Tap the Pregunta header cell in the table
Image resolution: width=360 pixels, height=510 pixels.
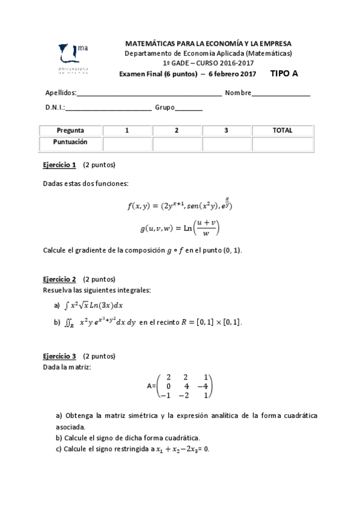pos(70,131)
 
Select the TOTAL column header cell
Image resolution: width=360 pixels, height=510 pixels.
pos(282,131)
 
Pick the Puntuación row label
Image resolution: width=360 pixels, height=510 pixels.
pos(70,143)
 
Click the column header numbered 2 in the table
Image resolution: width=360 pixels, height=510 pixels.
pos(176,131)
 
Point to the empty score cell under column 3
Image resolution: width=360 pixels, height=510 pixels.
pos(226,144)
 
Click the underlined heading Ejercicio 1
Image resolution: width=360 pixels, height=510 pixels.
pos(59,165)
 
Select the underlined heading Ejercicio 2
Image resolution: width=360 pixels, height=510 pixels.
pos(59,279)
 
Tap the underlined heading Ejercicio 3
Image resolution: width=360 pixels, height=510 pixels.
pos(59,356)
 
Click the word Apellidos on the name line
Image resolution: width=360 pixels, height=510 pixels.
pos(61,93)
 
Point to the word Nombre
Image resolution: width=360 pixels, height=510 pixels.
pos(238,93)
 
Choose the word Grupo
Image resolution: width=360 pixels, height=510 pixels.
pos(165,108)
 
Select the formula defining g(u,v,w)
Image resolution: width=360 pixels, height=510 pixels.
pos(180,228)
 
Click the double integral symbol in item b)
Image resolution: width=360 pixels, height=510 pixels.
pos(69,323)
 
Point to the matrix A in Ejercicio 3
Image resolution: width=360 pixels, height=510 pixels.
pos(180,387)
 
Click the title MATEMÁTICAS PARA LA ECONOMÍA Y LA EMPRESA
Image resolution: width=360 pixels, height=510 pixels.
pos(208,44)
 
